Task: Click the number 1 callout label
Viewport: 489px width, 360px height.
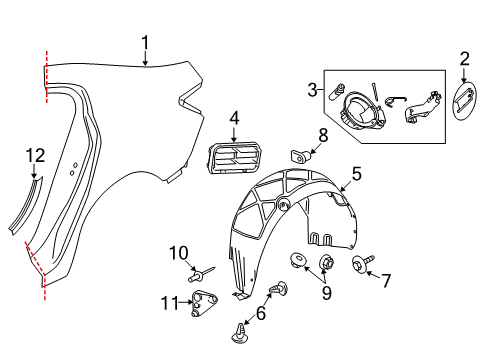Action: (145, 42)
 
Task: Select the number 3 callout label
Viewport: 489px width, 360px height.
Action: (312, 90)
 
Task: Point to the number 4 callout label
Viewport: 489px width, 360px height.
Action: (234, 118)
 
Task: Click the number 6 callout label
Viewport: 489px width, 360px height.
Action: (262, 313)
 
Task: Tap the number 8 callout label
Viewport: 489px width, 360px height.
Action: (323, 135)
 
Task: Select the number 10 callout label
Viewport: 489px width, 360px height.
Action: (178, 251)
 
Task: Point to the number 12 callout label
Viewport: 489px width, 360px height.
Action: (36, 155)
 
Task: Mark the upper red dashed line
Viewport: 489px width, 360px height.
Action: (45, 77)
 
